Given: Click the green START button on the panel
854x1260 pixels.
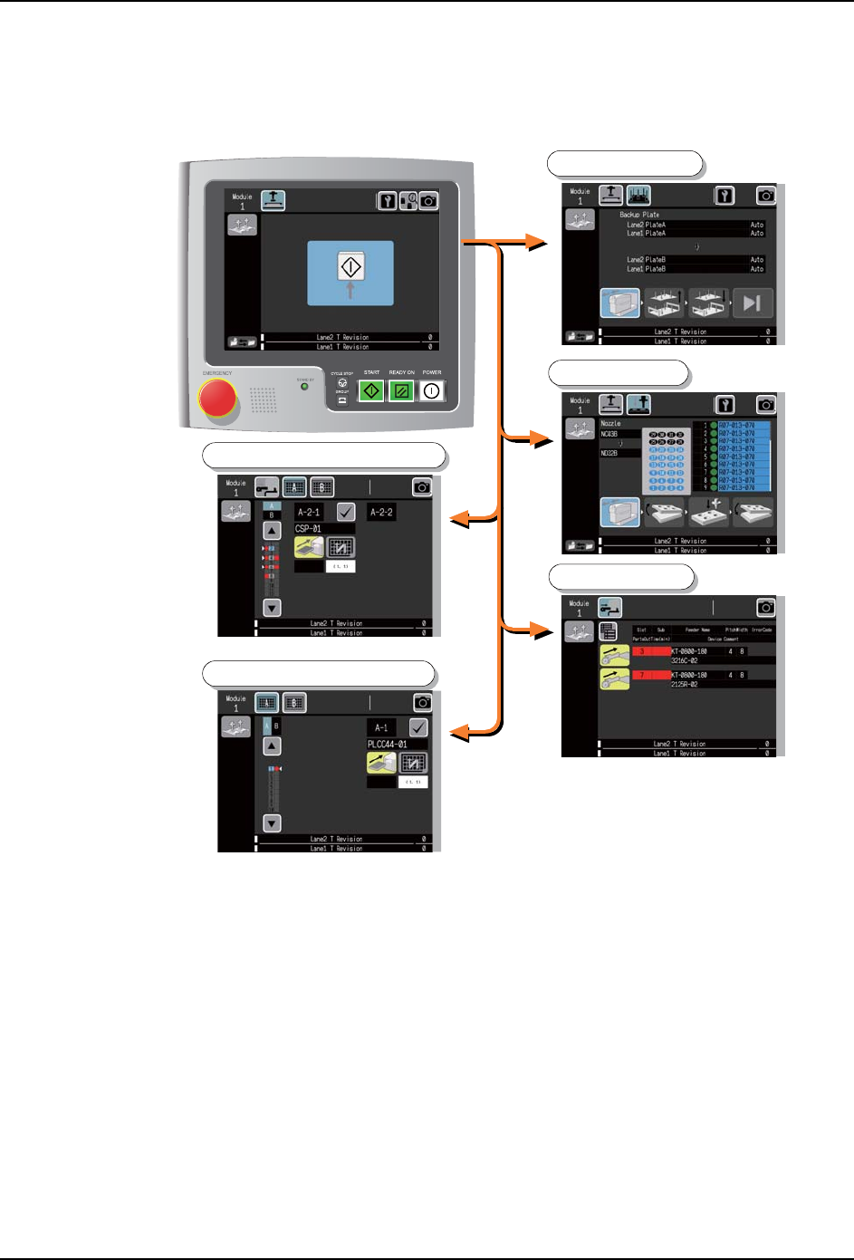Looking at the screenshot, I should pos(371,390).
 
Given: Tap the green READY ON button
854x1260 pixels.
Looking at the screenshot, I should pos(402,390).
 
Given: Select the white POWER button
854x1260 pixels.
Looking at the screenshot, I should pos(432,390).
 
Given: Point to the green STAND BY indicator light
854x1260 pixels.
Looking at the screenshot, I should pos(304,387).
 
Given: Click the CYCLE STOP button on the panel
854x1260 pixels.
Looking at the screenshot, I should pos(342,383).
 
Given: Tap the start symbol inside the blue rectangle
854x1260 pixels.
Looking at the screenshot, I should pos(350,267).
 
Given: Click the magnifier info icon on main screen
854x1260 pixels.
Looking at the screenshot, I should pos(408,200).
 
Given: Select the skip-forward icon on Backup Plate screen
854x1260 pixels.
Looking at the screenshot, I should pos(752,303).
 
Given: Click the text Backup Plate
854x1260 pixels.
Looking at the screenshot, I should pos(639,215).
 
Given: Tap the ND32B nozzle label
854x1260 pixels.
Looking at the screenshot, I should pos(609,453).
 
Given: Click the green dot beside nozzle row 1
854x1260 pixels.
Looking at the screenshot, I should pos(714,425).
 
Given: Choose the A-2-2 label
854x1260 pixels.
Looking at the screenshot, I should pos(381,512).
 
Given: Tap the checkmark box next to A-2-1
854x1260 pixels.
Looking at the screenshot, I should pos(346,512).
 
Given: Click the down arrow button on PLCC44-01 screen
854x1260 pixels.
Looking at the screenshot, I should pos(272,823).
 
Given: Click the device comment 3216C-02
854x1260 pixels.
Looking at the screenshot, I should pos(685,660).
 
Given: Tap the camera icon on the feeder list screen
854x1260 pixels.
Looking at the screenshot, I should pos(766,608).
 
